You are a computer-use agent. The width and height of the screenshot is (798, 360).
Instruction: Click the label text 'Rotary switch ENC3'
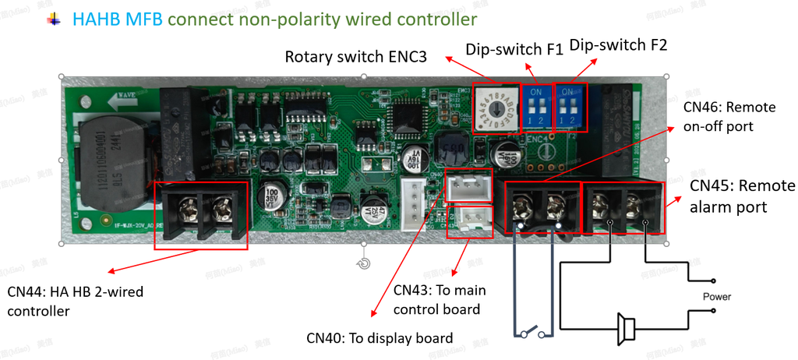(355, 56)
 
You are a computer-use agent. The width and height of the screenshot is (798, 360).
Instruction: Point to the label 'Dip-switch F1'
(514, 49)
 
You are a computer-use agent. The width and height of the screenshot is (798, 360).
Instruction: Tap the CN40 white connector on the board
(468, 185)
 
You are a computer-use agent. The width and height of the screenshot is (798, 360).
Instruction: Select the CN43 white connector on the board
(469, 220)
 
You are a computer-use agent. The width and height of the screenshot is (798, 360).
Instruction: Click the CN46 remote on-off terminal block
(542, 206)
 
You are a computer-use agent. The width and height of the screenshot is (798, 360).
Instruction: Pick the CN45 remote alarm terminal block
(623, 206)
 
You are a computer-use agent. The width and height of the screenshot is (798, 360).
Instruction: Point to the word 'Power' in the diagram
(716, 297)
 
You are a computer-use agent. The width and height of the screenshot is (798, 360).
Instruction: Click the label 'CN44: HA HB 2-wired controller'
(75, 302)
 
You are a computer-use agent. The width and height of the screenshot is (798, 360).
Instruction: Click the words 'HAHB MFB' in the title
(118, 17)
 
